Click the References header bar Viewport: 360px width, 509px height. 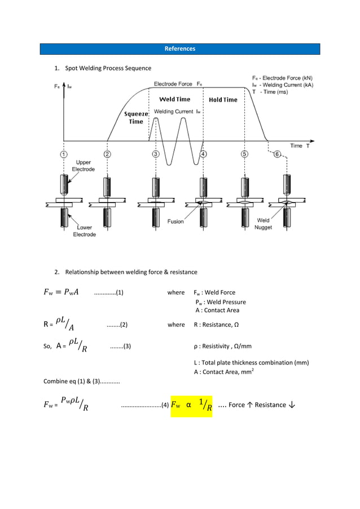pyautogui.click(x=179, y=49)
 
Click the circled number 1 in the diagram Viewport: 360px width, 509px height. pyautogui.click(x=64, y=154)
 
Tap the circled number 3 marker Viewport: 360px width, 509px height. pyautogui.click(x=155, y=154)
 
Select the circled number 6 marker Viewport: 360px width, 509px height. pyautogui.click(x=278, y=155)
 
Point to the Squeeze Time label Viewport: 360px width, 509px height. pyautogui.click(x=136, y=118)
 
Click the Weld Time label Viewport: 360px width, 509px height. pyautogui.click(x=175, y=99)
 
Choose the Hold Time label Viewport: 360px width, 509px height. pyautogui.click(x=223, y=100)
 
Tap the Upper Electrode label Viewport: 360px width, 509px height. pyautogui.click(x=84, y=166)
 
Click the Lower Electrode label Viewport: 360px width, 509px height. pyautogui.click(x=85, y=231)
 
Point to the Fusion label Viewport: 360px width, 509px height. pyautogui.click(x=175, y=222)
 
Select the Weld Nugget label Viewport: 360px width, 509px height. pyautogui.click(x=263, y=224)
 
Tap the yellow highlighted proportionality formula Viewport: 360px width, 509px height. pyautogui.click(x=191, y=405)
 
